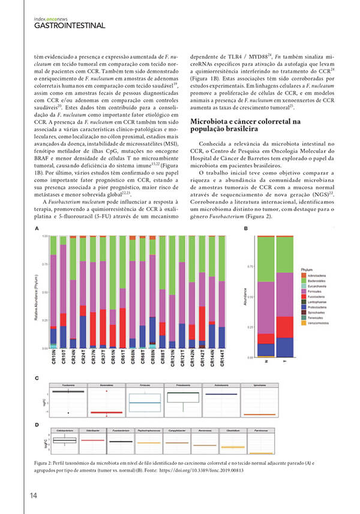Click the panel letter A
coord(37,229)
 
